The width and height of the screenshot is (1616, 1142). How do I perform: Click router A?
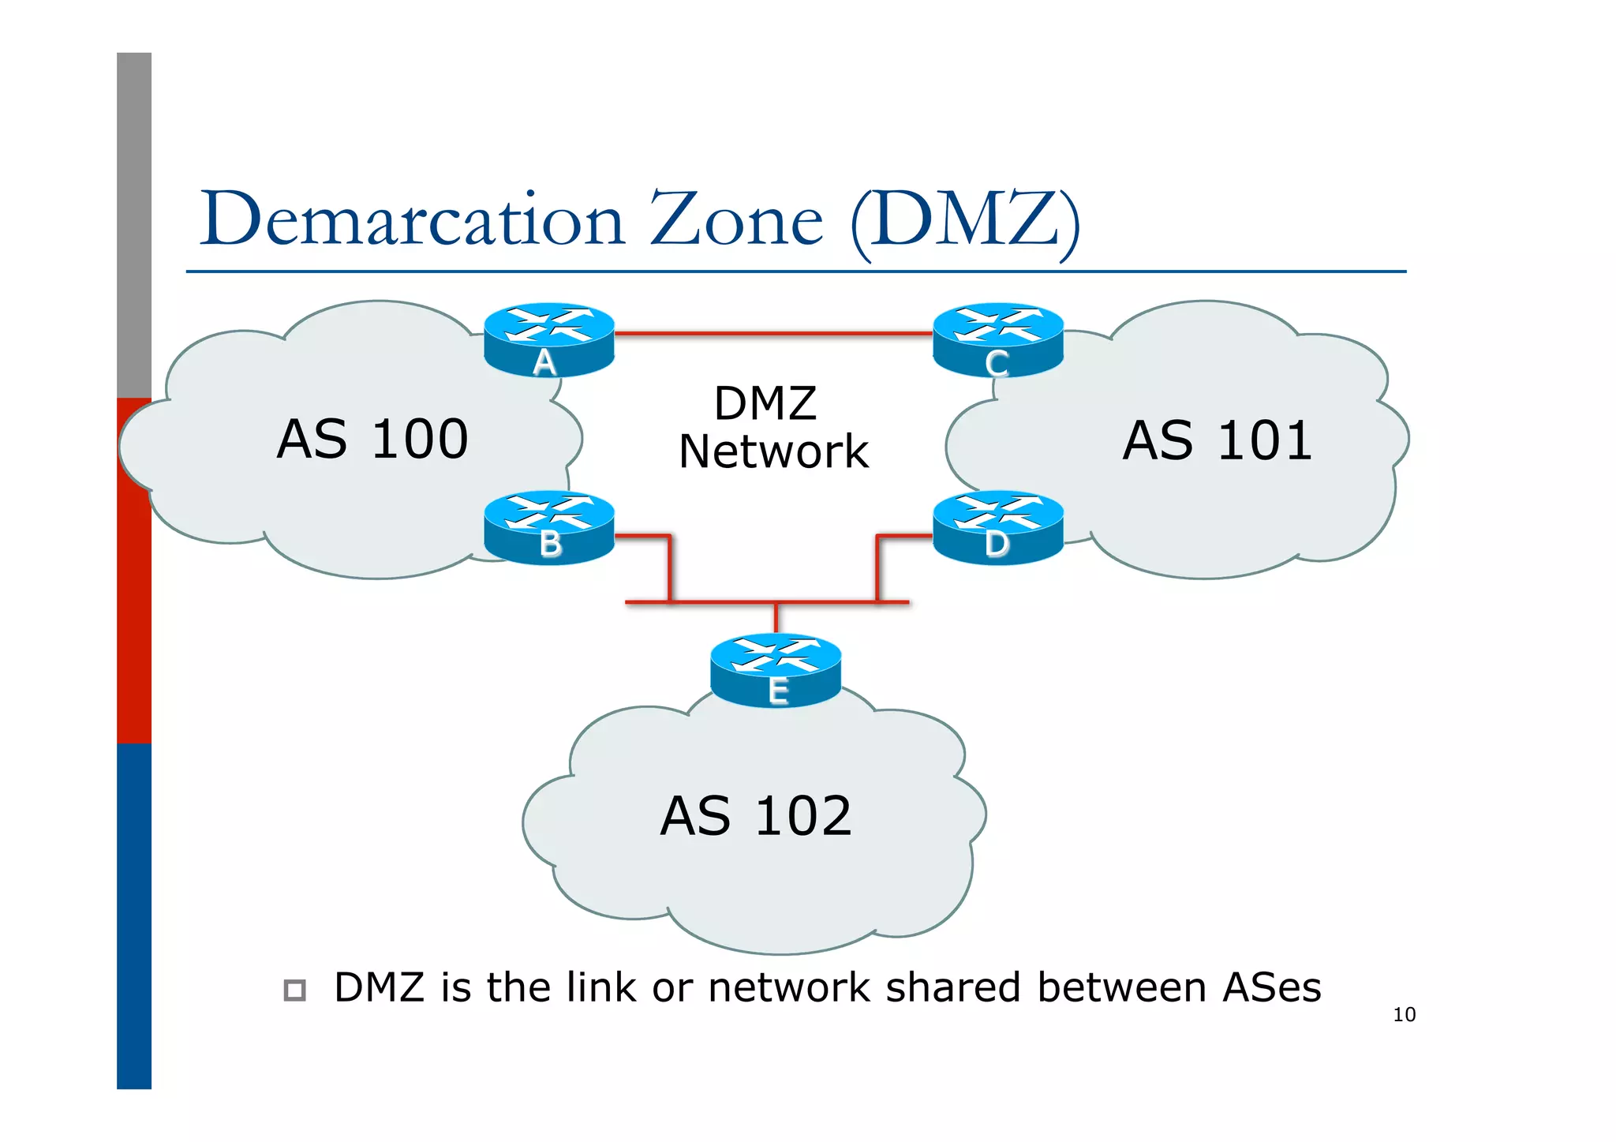coord(548,339)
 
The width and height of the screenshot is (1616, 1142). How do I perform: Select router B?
coord(548,527)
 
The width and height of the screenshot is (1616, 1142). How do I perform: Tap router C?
coord(998,339)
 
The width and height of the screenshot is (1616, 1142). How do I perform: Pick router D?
coord(998,527)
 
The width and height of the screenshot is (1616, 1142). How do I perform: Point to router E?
coord(776,669)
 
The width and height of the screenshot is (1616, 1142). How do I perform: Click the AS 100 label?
coord(372,439)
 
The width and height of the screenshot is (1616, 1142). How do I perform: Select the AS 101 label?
coord(1218,440)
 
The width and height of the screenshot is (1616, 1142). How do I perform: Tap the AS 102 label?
coord(756,816)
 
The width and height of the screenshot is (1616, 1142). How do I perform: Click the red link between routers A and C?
coord(773,334)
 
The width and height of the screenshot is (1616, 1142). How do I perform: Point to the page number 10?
coord(1404,1015)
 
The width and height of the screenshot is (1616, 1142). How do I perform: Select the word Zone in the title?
coord(735,219)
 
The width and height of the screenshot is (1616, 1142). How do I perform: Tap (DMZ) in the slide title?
coord(965,221)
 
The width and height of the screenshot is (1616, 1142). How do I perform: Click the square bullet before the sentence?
coord(294,990)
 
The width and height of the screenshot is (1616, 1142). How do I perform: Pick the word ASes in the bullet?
coord(1271,988)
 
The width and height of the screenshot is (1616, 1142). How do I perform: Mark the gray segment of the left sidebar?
coord(134,225)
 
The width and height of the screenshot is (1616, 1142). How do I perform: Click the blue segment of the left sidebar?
coord(134,915)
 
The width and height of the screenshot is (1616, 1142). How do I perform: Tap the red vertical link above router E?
coord(776,617)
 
